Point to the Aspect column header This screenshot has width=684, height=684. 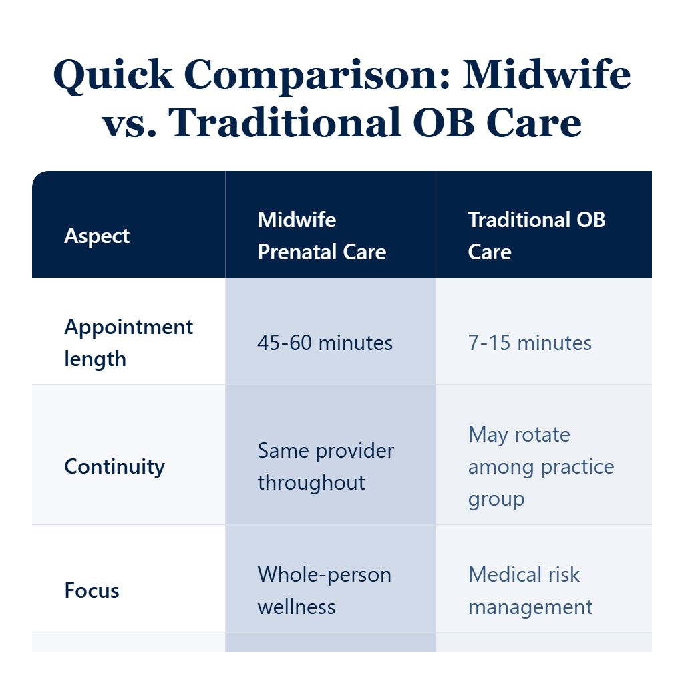(97, 236)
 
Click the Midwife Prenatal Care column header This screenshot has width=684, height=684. (321, 236)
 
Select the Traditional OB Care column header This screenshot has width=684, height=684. (536, 236)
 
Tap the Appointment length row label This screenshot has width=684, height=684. (128, 343)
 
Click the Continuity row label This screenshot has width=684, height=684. (114, 466)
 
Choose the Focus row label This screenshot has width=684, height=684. (92, 590)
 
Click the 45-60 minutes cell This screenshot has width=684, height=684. (325, 343)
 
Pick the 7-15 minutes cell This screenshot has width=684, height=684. (530, 343)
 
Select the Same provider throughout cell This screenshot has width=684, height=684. (325, 466)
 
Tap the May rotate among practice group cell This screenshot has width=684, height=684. (540, 466)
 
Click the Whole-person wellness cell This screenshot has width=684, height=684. (324, 590)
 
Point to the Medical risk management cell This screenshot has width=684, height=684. (530, 590)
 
